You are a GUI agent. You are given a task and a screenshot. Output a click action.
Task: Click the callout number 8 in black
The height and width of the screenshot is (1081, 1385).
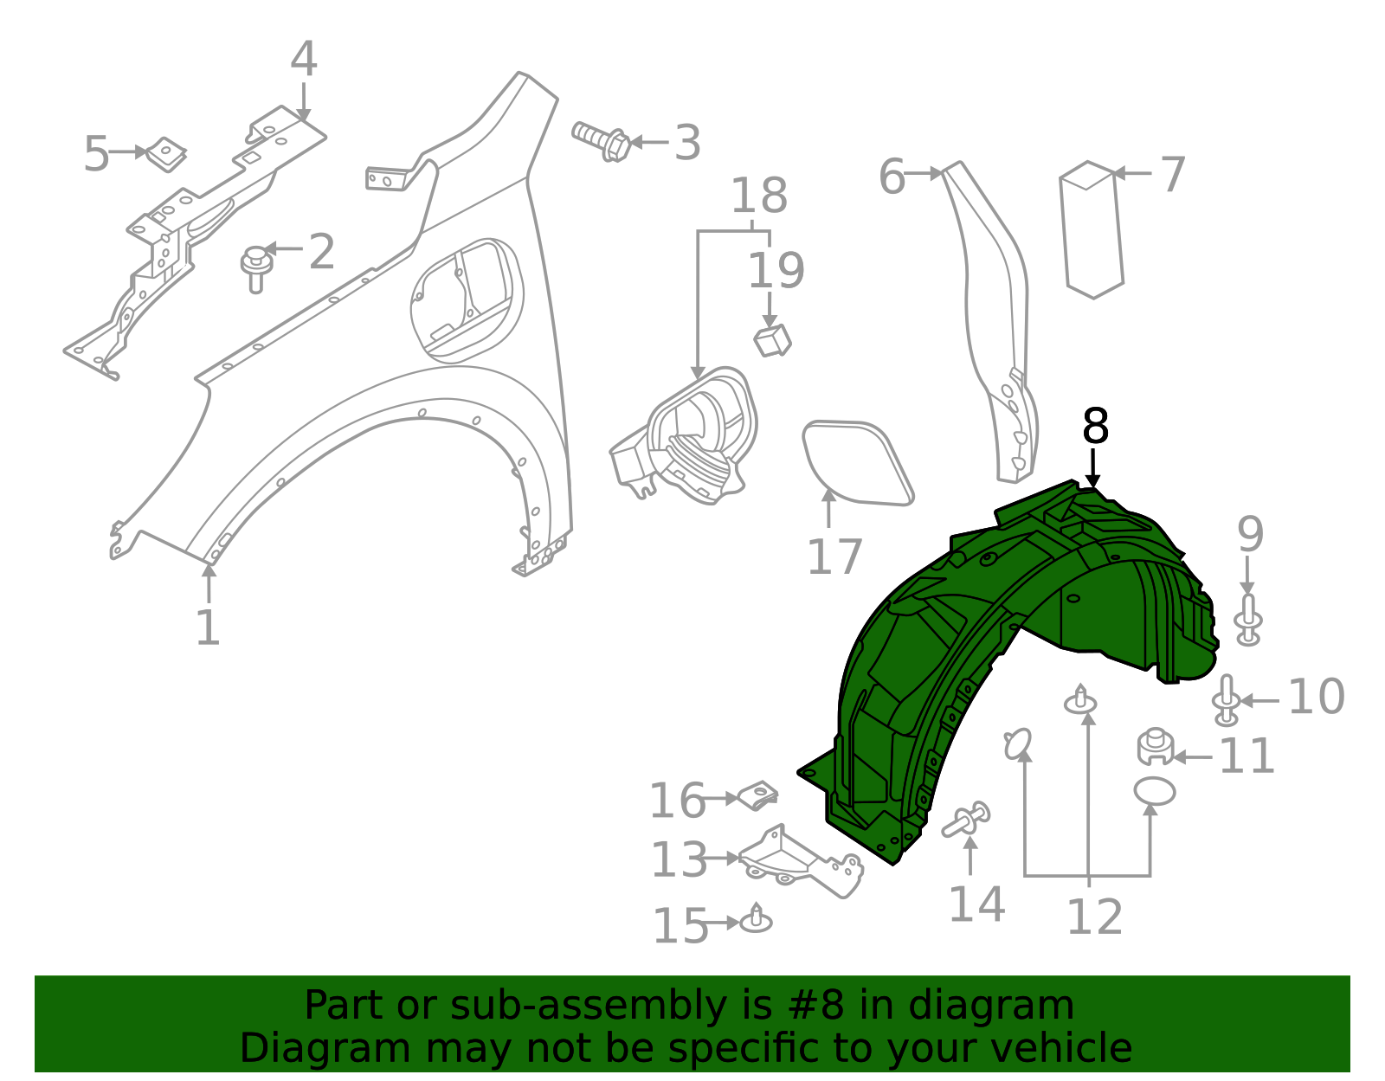coord(1095,427)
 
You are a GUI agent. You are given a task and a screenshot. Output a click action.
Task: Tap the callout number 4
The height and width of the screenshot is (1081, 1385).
coord(304,60)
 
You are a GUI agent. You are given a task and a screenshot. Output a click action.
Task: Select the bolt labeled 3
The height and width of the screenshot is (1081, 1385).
coord(602,141)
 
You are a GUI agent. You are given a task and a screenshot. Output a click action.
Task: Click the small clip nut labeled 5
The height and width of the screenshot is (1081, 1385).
coord(165,153)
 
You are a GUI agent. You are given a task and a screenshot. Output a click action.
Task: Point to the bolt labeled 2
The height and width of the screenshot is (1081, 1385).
coord(256,267)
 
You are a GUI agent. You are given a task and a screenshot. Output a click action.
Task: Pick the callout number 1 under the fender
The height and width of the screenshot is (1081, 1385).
coord(208,627)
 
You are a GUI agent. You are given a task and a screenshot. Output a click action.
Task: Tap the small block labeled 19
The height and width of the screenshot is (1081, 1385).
coord(773,340)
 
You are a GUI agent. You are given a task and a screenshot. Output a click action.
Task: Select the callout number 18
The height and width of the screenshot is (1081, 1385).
coord(759,196)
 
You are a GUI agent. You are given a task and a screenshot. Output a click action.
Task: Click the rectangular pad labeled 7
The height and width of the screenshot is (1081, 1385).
coord(1092,229)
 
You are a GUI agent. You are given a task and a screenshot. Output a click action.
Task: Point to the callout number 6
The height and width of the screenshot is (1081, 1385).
coord(891,177)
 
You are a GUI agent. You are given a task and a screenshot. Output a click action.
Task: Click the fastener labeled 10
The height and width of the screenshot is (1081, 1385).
coord(1226,700)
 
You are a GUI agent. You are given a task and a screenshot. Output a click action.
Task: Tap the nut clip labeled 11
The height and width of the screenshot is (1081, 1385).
coord(1155,747)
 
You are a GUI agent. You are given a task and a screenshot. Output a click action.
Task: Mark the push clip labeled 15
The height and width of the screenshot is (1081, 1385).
coord(757,920)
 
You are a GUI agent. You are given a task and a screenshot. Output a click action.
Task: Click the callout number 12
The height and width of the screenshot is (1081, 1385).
coord(1094,917)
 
